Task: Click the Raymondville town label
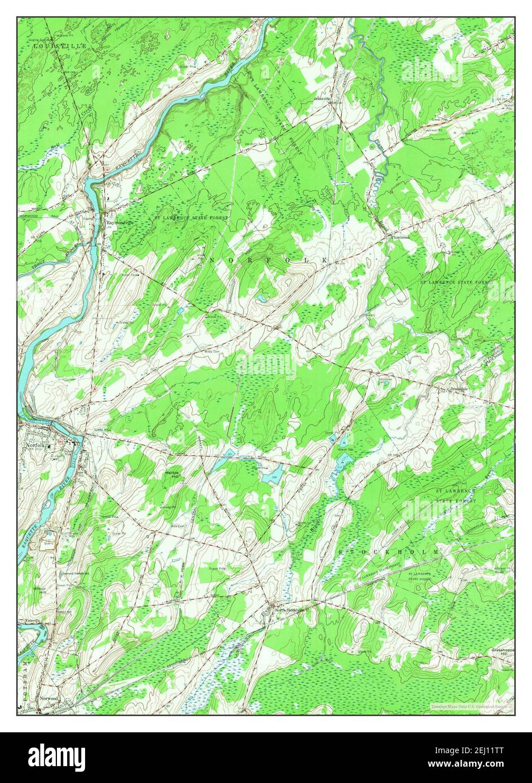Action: (121, 223)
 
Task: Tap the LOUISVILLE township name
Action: (60, 46)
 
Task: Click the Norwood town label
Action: (50, 698)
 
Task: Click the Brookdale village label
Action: (459, 389)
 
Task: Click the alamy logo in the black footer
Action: (56, 757)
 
